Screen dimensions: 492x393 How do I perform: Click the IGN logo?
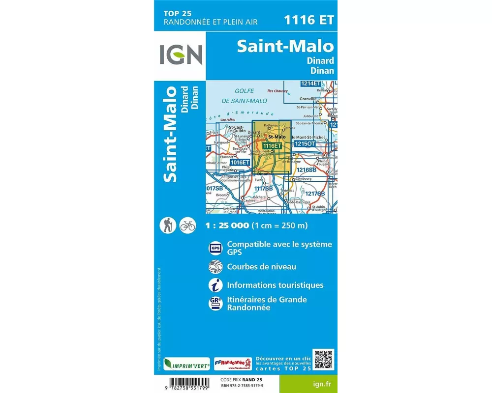[181, 55]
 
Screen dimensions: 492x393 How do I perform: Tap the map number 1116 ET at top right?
[308, 20]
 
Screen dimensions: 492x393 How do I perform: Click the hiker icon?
[168, 225]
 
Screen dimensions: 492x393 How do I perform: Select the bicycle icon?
[187, 225]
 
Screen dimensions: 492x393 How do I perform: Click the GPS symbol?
[215, 248]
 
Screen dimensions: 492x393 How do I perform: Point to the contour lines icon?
[215, 267]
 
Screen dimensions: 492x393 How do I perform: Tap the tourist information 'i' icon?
[215, 285]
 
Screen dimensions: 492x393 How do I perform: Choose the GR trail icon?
[215, 303]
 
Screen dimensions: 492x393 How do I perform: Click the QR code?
[323, 360]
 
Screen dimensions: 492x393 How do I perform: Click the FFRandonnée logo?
[233, 364]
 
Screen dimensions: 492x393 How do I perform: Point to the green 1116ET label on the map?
[272, 146]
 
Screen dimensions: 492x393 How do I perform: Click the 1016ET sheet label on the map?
[241, 162]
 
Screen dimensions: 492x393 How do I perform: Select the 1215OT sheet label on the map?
[305, 143]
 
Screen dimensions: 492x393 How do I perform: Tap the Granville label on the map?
[307, 99]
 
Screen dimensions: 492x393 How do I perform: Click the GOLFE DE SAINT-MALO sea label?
[244, 96]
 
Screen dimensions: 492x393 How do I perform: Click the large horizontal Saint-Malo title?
[285, 46]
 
